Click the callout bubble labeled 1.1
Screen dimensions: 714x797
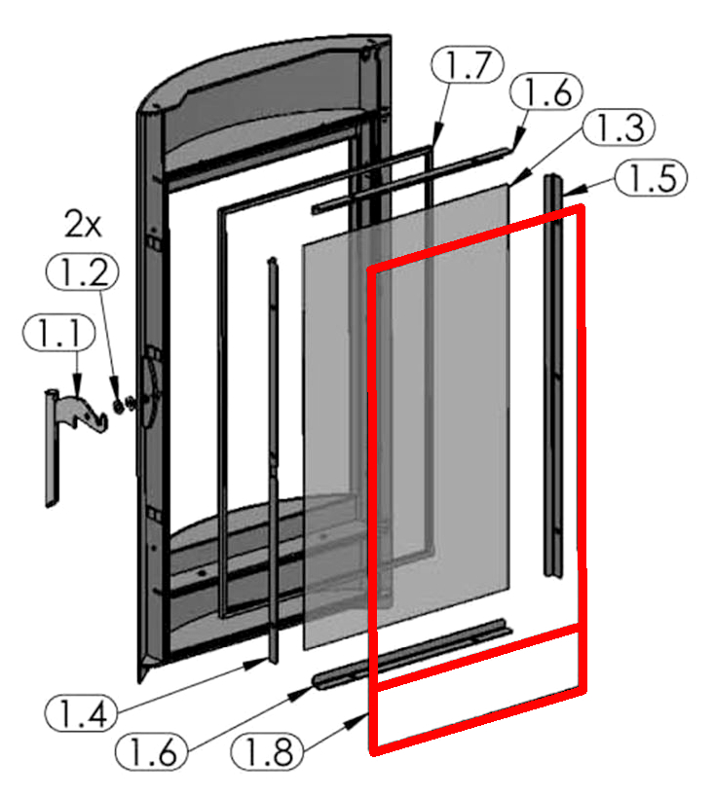tap(59, 333)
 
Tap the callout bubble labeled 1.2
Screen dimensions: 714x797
tap(83, 272)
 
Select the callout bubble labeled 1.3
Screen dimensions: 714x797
tap(619, 127)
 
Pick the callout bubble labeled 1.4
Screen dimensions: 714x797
tap(82, 713)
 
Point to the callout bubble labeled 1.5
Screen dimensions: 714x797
tap(651, 178)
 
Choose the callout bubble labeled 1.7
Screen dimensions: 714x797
tap(468, 65)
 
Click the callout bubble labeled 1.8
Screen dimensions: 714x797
tap(268, 751)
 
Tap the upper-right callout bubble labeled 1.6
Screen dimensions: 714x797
tap(546, 91)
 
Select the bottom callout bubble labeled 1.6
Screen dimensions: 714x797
tap(152, 751)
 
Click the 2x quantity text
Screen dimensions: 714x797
tap(83, 224)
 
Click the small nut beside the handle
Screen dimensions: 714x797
tap(118, 407)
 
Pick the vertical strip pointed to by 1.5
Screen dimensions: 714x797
tap(553, 375)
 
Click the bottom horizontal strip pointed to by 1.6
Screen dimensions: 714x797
tap(412, 653)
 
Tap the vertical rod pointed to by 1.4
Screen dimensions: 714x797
tap(274, 460)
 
